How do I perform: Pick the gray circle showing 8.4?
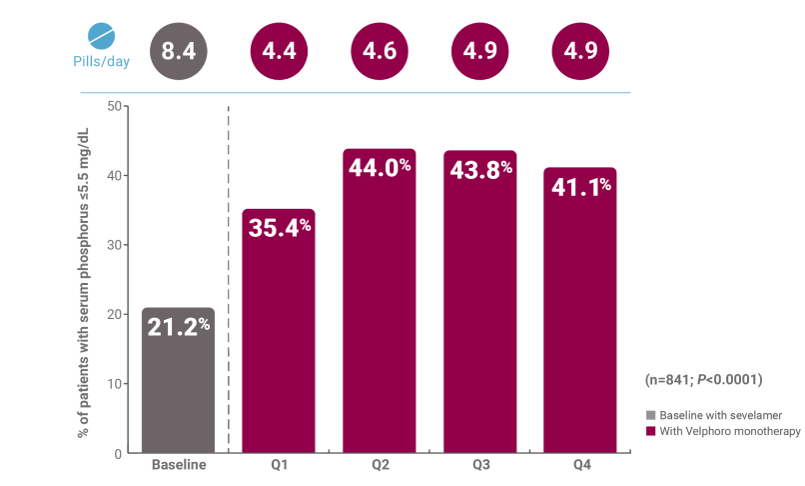pos(178,51)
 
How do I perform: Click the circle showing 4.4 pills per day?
pos(279,51)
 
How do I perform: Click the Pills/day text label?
pos(102,62)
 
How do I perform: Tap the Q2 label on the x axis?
pos(380,465)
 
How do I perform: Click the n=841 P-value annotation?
pos(704,380)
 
